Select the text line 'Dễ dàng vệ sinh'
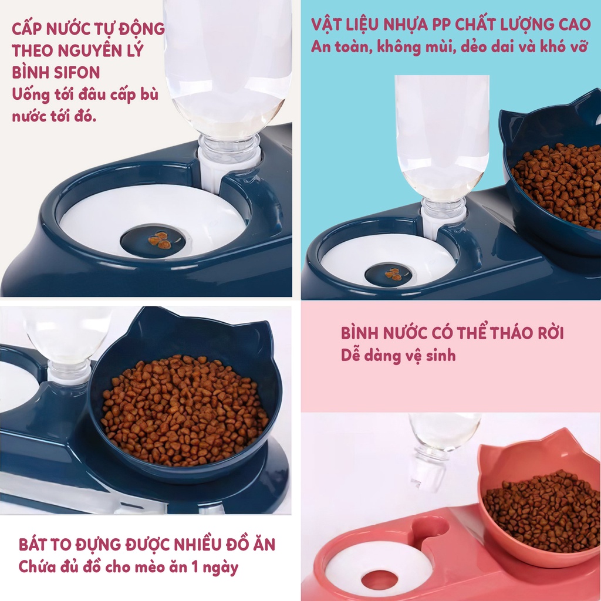coord(399,355)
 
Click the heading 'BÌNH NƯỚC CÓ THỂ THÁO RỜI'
coord(453,333)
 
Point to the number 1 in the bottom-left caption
coord(195,567)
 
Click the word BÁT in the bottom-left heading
coord(32,544)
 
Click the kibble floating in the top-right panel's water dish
coord(393,274)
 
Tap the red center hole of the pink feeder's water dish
coord(379,580)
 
